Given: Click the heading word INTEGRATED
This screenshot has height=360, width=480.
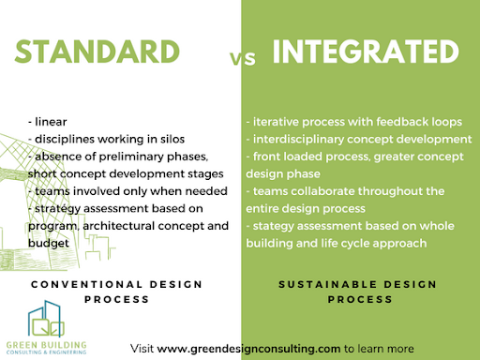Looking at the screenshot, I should [x=361, y=52].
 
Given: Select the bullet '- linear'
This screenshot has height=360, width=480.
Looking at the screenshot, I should [x=48, y=121].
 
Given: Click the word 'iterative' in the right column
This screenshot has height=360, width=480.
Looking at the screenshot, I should [x=280, y=122].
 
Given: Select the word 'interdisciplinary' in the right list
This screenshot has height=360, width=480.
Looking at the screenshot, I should [x=303, y=139].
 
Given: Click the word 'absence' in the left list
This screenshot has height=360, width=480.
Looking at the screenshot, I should [x=59, y=155].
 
